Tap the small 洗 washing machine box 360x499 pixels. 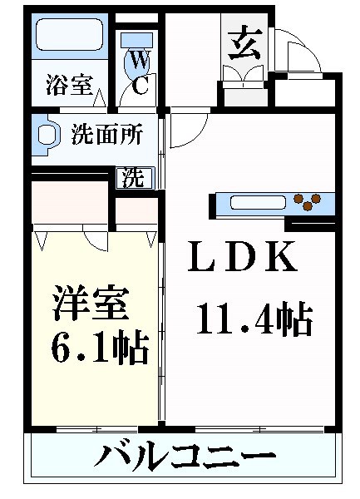[x=132, y=177]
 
